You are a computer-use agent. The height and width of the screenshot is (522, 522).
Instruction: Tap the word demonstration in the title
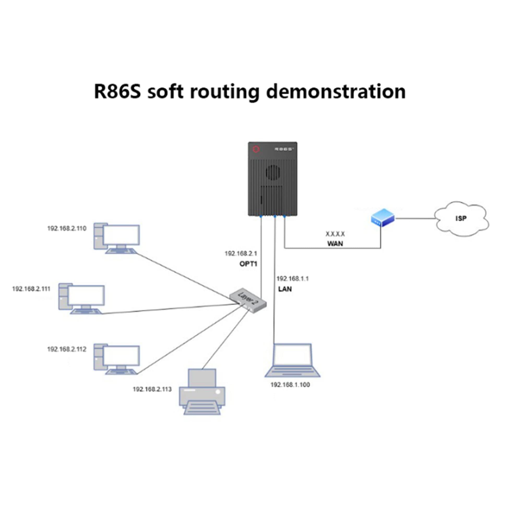(x=336, y=92)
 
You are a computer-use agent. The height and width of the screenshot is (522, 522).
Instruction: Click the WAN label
(x=335, y=244)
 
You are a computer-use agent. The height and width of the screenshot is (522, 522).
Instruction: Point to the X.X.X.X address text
(x=335, y=234)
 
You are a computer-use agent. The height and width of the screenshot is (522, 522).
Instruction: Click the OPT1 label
(x=248, y=264)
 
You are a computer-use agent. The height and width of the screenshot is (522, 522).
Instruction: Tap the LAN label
(x=285, y=289)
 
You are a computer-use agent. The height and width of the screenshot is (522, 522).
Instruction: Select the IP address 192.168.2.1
(x=241, y=253)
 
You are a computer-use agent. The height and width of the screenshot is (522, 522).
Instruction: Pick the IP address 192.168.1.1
(x=292, y=278)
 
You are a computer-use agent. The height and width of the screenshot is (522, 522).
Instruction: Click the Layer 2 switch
(x=248, y=300)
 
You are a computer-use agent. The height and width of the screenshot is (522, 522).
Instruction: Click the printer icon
(x=202, y=392)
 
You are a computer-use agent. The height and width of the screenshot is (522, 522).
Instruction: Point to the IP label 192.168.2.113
(x=152, y=389)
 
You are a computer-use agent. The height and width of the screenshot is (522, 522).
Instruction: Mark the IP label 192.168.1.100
(x=290, y=385)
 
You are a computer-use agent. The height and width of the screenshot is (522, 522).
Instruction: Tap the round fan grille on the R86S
(x=273, y=173)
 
